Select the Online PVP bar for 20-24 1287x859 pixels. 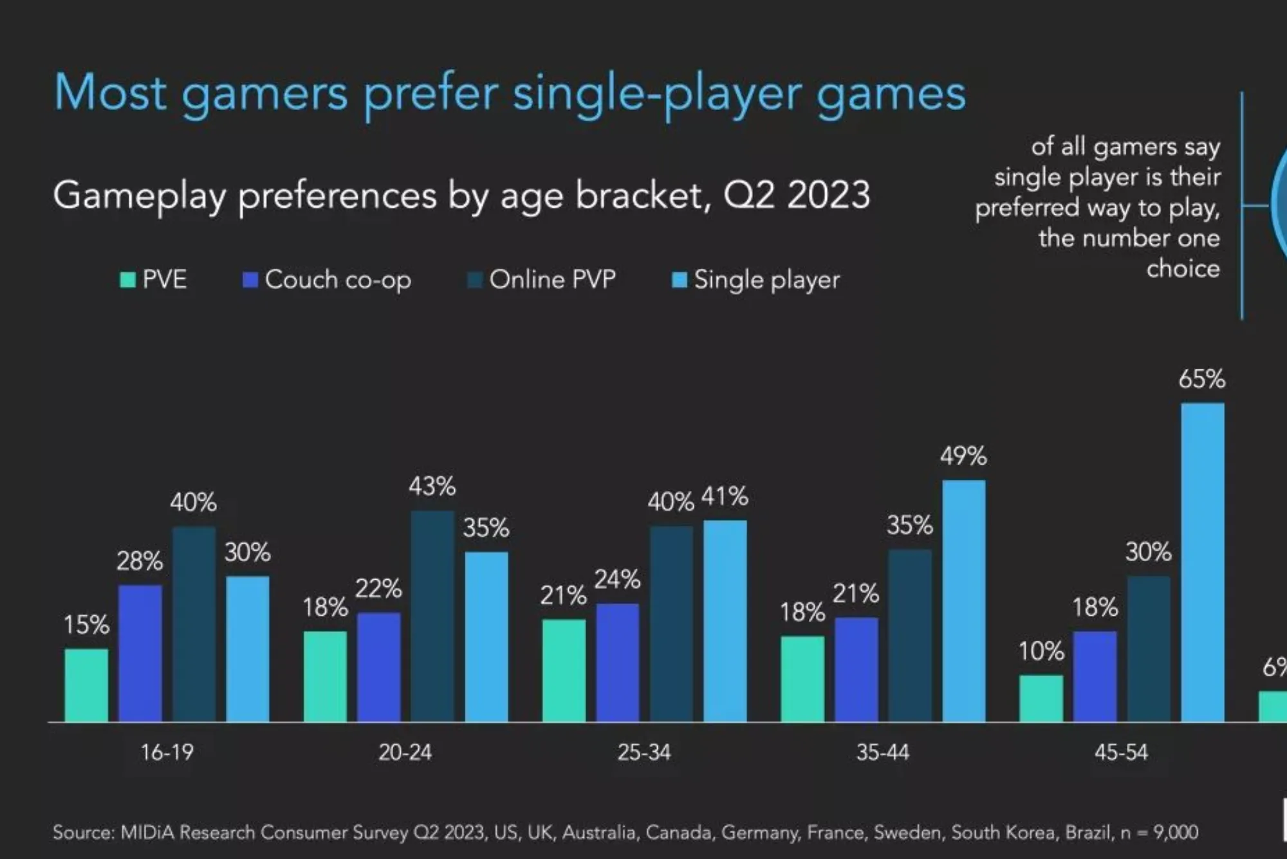[x=432, y=616]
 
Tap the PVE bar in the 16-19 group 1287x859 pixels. [x=86, y=685]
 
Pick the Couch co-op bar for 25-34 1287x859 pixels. [x=617, y=662]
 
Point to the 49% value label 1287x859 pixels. [x=963, y=456]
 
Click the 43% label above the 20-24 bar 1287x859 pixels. [x=432, y=486]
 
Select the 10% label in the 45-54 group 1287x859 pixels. [x=1041, y=651]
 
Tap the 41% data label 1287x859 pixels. [x=725, y=496]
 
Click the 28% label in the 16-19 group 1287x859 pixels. [x=139, y=561]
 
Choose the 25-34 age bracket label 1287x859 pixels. [x=643, y=752]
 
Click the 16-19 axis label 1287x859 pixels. [x=167, y=752]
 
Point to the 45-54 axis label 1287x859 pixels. [x=1121, y=752]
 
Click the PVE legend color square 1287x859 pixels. [x=128, y=280]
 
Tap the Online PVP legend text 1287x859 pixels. [x=552, y=280]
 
